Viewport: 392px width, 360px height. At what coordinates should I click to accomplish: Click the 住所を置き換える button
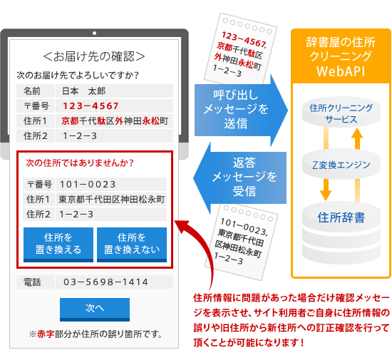58,245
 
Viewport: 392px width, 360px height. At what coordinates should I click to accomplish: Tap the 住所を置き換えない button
132,245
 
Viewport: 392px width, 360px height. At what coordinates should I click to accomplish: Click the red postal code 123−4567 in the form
91,106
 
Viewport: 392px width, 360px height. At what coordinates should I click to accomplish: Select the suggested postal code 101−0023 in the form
88,185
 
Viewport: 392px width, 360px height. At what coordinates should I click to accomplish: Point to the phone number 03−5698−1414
105,282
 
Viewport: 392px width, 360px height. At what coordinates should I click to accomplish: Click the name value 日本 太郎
84,91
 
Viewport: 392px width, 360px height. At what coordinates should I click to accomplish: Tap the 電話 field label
32,282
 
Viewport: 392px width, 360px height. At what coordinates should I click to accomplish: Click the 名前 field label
32,91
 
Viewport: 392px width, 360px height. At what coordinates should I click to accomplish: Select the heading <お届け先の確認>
94,56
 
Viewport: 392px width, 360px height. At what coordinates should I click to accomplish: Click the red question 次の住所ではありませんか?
80,163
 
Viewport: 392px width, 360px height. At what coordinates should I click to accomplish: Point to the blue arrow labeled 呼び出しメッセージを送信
241,110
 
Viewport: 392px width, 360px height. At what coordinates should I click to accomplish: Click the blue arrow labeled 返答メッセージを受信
239,178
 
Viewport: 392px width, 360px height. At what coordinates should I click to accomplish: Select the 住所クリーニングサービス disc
341,113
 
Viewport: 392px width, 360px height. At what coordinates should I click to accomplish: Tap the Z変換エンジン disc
341,165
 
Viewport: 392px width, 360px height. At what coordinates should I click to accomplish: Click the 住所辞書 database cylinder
341,232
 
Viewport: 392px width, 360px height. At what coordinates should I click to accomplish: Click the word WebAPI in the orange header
341,71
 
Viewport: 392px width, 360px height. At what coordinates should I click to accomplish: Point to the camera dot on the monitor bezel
94,33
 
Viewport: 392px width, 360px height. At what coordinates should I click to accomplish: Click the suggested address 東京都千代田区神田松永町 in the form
112,200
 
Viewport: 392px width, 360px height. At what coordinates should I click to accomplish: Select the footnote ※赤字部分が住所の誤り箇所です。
96,334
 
